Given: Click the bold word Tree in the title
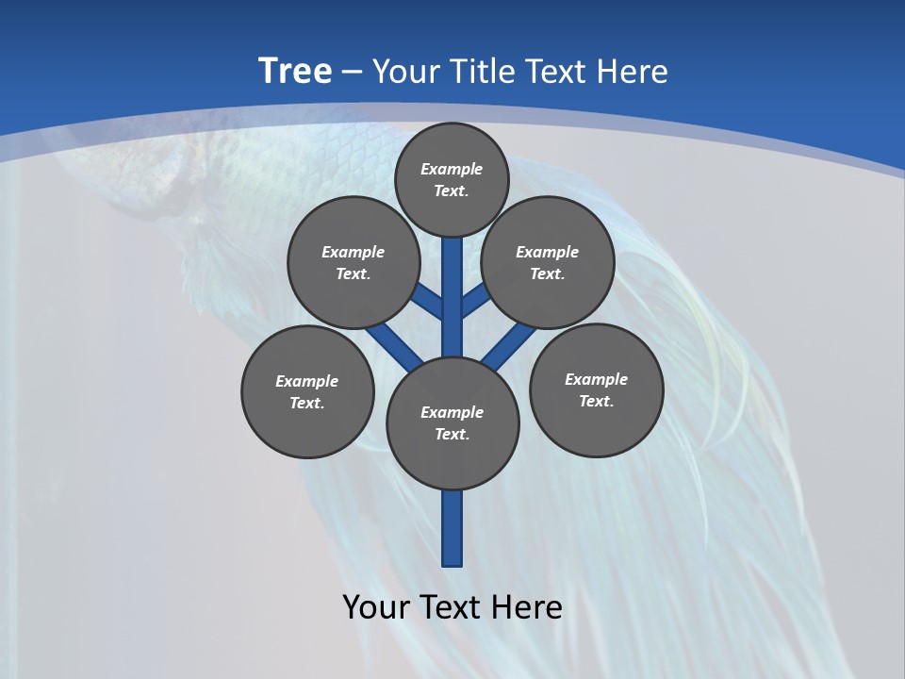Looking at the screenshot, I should click(x=295, y=72).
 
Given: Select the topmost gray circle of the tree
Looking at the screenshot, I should click(x=452, y=179).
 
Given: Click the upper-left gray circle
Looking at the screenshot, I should click(x=354, y=262).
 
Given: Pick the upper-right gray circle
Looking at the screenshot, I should click(x=548, y=262).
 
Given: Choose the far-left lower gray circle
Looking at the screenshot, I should click(x=307, y=391).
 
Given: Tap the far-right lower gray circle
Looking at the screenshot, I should click(x=597, y=389).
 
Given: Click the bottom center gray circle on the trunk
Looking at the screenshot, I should click(x=452, y=422).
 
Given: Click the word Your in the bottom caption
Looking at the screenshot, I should click(x=375, y=607).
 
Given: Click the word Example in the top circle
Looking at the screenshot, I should click(x=452, y=169).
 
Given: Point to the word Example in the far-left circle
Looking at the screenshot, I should click(x=306, y=381).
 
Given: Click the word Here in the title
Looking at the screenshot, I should click(x=635, y=72).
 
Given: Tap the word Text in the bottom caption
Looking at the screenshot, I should click(x=452, y=607).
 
